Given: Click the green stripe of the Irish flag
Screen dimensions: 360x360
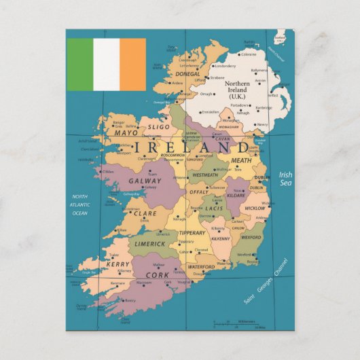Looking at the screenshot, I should tap(79, 65).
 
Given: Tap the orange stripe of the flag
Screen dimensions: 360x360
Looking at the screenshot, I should tap(132, 65).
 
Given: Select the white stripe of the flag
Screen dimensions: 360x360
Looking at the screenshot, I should tap(106, 65).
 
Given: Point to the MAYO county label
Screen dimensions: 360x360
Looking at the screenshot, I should tap(126, 133).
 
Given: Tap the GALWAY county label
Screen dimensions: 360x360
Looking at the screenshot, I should tap(145, 181).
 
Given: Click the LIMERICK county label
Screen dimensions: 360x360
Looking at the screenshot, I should tap(149, 243).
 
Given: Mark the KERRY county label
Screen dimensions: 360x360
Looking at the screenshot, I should tap(118, 264).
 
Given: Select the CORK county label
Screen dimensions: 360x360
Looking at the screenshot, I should tap(158, 275).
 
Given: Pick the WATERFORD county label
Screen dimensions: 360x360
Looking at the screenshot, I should tap(201, 267).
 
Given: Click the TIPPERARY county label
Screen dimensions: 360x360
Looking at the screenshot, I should tap(192, 233).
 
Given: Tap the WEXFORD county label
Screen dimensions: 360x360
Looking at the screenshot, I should tap(251, 238).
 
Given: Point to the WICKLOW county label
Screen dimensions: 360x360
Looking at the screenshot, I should tap(255, 208).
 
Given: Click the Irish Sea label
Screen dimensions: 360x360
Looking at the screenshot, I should tap(285, 179).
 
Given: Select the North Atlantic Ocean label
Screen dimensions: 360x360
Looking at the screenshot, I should tap(80, 204).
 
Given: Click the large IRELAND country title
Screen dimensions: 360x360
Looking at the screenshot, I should tap(192, 147).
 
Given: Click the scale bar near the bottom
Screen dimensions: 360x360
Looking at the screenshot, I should tap(235, 322).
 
